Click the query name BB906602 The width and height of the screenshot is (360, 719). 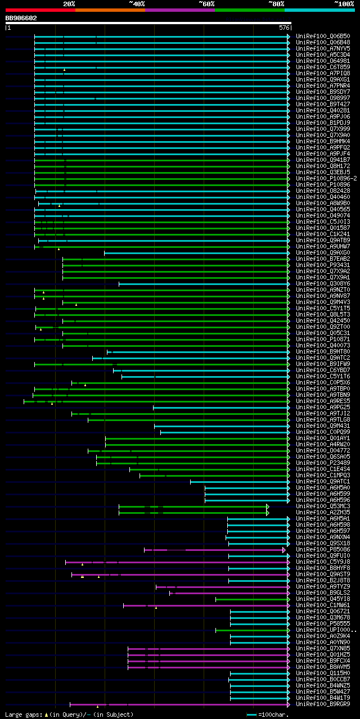21,18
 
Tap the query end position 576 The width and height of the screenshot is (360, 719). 283,27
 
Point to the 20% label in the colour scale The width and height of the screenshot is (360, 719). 69,4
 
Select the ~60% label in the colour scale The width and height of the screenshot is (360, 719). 206,4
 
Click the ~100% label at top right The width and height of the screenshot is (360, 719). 344,4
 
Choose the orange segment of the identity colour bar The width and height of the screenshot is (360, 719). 110,10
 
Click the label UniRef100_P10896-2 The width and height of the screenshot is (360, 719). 326,178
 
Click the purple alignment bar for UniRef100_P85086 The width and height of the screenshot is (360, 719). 214,550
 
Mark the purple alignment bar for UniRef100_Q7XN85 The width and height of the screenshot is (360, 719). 208,648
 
